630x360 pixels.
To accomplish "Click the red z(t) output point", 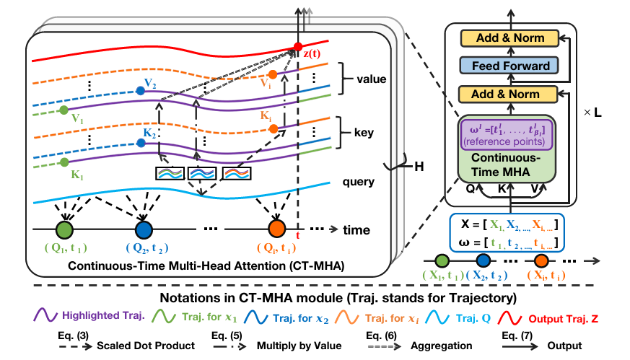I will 297,49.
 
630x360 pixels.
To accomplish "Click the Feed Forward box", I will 510,66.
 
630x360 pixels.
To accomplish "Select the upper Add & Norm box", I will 510,38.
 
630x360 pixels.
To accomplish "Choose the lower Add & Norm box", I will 510,93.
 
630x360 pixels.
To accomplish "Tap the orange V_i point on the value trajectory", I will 272,74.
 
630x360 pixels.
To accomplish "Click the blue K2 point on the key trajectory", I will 141,143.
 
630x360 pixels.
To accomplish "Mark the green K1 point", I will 66,163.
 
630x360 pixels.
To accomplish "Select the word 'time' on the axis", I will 355,230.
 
